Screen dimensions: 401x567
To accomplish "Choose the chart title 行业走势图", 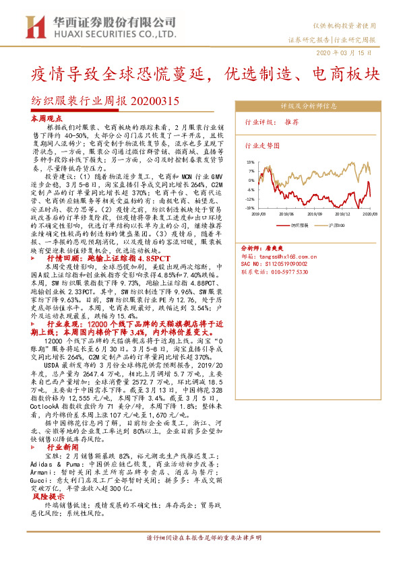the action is [261, 145].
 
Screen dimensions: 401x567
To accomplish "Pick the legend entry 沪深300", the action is [337, 225].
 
